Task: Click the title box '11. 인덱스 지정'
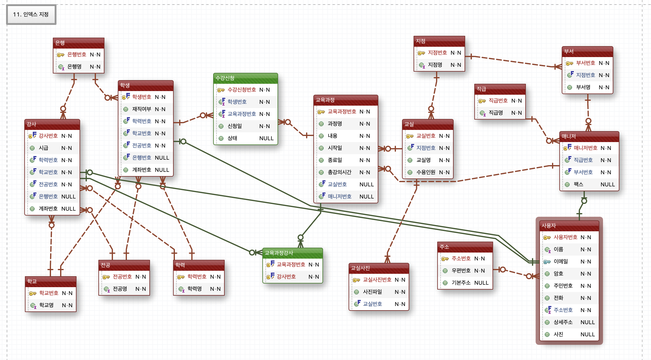point(31,14)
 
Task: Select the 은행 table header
point(78,43)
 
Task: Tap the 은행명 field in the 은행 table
point(74,67)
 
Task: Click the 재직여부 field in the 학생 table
point(141,109)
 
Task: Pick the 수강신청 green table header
point(245,78)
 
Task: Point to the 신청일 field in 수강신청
point(235,126)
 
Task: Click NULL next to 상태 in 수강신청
point(266,138)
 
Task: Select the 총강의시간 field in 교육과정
point(339,172)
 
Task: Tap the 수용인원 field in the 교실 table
point(426,172)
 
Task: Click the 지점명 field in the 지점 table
point(435,65)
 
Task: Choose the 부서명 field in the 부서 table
point(583,87)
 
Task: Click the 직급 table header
point(500,89)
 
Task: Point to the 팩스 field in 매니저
point(578,185)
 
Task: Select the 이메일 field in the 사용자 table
point(561,262)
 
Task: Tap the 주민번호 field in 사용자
point(563,286)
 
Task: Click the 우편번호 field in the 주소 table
point(461,271)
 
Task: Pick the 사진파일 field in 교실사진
point(372,292)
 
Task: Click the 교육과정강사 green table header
point(292,253)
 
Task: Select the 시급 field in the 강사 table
point(43,148)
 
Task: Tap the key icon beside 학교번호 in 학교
point(32,293)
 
